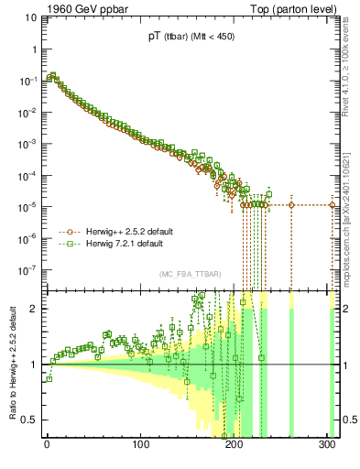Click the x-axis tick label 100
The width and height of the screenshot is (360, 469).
141,444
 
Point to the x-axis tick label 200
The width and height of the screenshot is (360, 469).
235,444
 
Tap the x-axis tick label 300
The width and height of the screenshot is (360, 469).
327,444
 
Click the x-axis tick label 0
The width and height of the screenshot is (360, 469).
47,444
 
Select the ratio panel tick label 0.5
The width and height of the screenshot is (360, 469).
31,420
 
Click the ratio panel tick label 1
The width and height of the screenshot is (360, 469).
35,365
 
